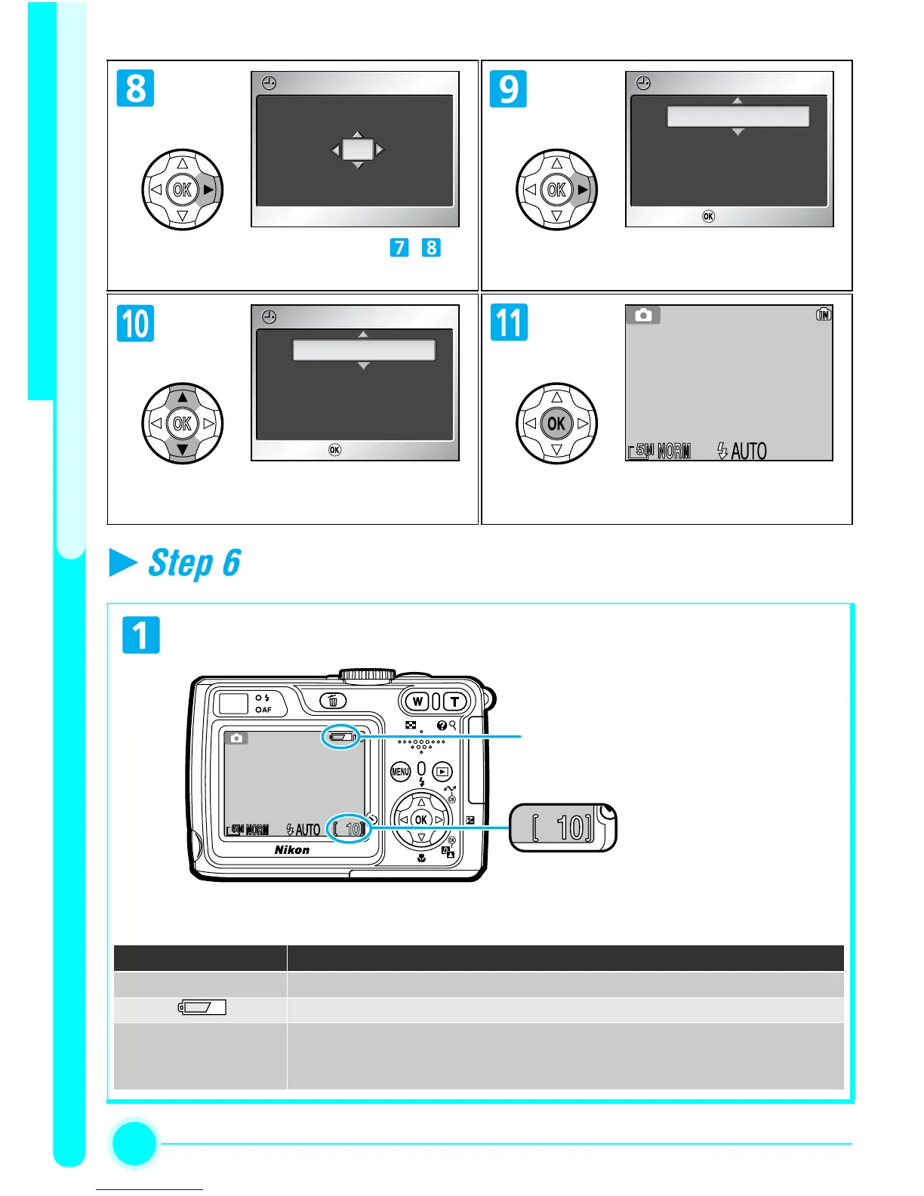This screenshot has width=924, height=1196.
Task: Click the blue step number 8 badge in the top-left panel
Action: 136,88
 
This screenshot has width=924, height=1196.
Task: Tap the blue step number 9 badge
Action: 509,88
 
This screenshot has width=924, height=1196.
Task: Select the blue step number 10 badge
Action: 136,323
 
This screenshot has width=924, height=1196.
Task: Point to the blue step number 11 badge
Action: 509,322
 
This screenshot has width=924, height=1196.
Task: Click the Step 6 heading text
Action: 194,563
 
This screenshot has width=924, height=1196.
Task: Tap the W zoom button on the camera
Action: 417,701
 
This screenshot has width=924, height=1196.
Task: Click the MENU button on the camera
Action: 400,772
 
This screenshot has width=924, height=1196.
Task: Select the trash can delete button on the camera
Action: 333,701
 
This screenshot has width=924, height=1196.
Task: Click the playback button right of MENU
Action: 442,772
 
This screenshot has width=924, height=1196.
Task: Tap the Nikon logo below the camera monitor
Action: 292,850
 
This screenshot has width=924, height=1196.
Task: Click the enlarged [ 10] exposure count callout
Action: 562,828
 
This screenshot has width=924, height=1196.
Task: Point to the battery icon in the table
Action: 202,1007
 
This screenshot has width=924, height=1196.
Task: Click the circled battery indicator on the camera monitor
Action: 342,737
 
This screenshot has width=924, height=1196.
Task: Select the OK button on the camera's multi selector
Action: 421,820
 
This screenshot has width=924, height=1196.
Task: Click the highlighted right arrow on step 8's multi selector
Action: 208,190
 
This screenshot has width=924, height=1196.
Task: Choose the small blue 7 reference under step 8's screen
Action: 399,248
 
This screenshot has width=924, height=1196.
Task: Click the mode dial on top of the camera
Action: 368,674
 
